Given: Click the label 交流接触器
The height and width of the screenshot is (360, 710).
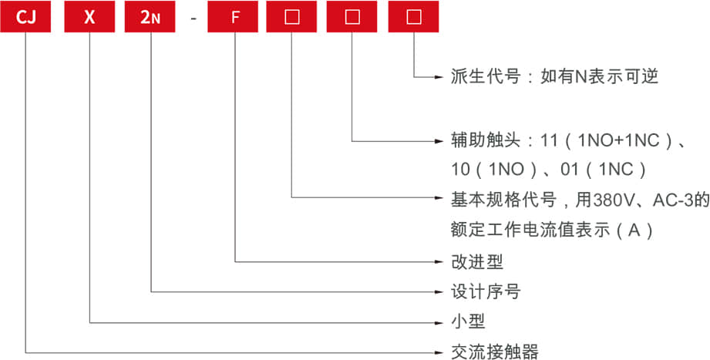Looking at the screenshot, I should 494,352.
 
